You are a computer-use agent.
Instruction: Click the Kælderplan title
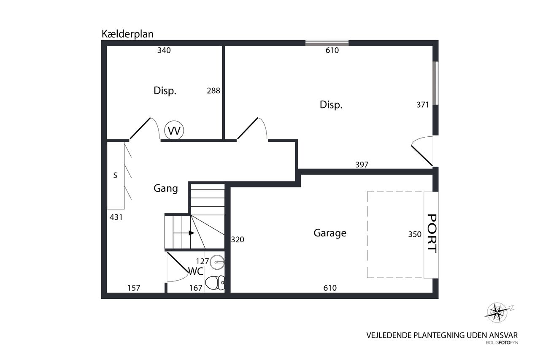pyautogui.click(x=127, y=34)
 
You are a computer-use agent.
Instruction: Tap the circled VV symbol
pyautogui.click(x=174, y=130)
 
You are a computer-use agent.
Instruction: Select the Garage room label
pyautogui.click(x=330, y=233)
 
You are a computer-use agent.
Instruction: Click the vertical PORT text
pyautogui.click(x=432, y=233)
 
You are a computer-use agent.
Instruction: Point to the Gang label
pyautogui.click(x=166, y=189)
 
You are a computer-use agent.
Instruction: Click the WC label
pyautogui.click(x=195, y=271)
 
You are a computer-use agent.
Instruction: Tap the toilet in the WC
pyautogui.click(x=215, y=283)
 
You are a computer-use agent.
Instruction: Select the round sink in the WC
pyautogui.click(x=217, y=262)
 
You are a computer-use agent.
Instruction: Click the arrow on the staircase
pyautogui.click(x=184, y=233)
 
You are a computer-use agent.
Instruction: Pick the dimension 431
pyautogui.click(x=116, y=217)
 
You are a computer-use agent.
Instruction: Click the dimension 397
pyautogui.click(x=362, y=165)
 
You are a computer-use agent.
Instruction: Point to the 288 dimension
pyautogui.click(x=213, y=91)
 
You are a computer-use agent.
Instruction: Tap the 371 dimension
pyautogui.click(x=423, y=105)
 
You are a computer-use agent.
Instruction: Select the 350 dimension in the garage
pyautogui.click(x=415, y=234)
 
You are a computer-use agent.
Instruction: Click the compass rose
pyautogui.click(x=497, y=312)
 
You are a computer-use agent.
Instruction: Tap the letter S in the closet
pyautogui.click(x=115, y=175)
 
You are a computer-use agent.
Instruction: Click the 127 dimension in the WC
pyautogui.click(x=202, y=261)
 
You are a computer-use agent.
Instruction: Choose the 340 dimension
pyautogui.click(x=164, y=50)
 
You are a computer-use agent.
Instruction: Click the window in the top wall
pyautogui.click(x=327, y=43)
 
